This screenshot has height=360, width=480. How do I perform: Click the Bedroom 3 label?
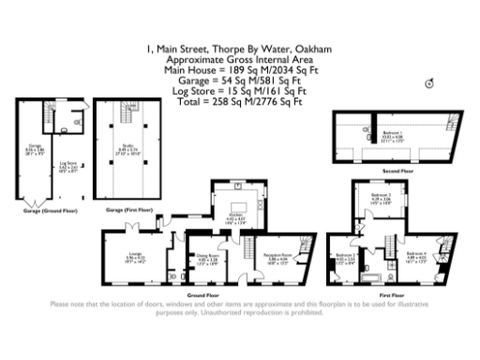coord(378,196)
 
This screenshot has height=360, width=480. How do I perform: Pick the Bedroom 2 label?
coord(344,256)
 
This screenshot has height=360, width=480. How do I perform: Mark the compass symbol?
coord(430,82)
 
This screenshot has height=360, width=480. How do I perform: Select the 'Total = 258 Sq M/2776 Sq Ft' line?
coord(240,100)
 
